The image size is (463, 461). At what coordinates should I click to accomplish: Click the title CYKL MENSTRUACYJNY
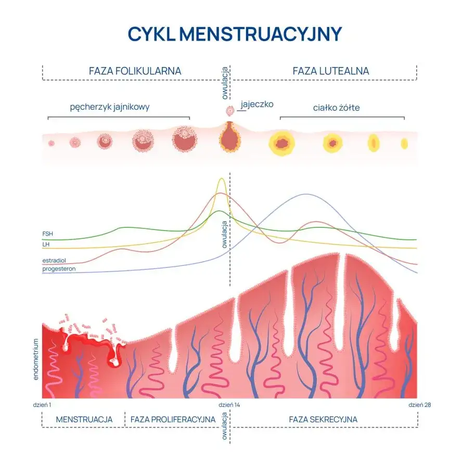pyautogui.click(x=235, y=33)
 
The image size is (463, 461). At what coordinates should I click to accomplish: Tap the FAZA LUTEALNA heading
pyautogui.click(x=330, y=71)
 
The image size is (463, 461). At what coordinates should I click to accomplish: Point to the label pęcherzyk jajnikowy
pyautogui.click(x=110, y=108)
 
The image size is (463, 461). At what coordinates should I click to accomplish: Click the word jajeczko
pyautogui.click(x=257, y=104)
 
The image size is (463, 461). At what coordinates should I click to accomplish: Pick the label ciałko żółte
pyautogui.click(x=337, y=108)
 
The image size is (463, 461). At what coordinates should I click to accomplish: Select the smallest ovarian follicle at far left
pyautogui.click(x=52, y=143)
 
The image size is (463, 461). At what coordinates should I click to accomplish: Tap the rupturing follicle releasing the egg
pyautogui.click(x=229, y=137)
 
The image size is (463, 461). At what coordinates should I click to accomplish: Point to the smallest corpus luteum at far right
pyautogui.click(x=404, y=143)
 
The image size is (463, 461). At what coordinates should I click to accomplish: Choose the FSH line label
pyautogui.click(x=47, y=234)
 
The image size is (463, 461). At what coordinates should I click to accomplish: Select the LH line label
pyautogui.click(x=46, y=244)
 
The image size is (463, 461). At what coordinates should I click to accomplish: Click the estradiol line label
pyautogui.click(x=54, y=260)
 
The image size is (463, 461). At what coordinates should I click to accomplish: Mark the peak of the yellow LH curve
pyautogui.click(x=222, y=180)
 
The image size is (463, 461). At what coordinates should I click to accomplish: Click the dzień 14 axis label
pyautogui.click(x=229, y=404)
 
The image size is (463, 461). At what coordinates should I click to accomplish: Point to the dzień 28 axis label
pyautogui.click(x=419, y=404)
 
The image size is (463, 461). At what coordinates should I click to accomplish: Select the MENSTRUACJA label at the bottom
pyautogui.click(x=84, y=419)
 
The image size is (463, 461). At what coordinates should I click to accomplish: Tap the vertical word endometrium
pyautogui.click(x=36, y=359)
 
